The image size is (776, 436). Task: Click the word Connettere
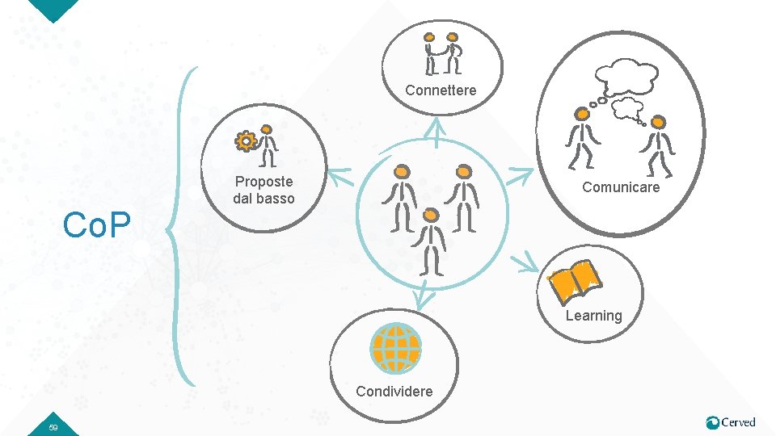pos(441,90)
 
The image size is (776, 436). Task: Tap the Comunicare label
pos(621,187)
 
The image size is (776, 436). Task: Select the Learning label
pos(593,316)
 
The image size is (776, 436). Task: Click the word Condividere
pos(394,392)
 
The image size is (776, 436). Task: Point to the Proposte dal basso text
pos(264,190)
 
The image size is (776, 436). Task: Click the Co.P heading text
pos(97,227)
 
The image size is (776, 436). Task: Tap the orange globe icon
pos(395,348)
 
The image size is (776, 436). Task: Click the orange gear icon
pos(245,141)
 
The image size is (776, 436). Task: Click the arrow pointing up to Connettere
pos(436,131)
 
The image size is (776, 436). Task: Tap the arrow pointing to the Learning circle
pos(527,262)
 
